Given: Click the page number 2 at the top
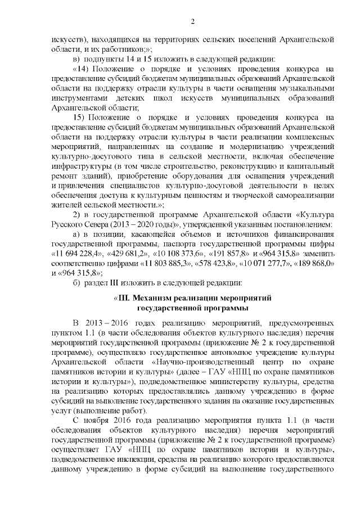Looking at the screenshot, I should [192, 22].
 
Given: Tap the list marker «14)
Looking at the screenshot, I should [82, 69].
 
